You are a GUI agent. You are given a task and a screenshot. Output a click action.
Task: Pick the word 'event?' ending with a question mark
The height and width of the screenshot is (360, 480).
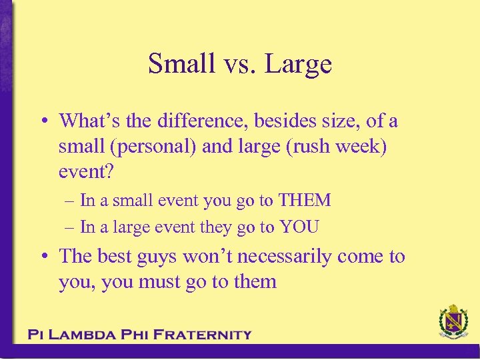[x=87, y=171]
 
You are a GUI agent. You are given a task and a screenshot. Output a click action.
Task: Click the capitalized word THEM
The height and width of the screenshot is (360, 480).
[x=305, y=200]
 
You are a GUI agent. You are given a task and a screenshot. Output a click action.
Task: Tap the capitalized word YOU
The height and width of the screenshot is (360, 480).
[x=299, y=227]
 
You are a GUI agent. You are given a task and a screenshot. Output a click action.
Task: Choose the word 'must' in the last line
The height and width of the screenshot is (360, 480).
[x=159, y=281]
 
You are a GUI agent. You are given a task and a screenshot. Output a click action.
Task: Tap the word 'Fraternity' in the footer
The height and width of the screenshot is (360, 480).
[x=201, y=335]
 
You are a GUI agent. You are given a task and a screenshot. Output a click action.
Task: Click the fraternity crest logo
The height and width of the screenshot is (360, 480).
[x=453, y=323]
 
